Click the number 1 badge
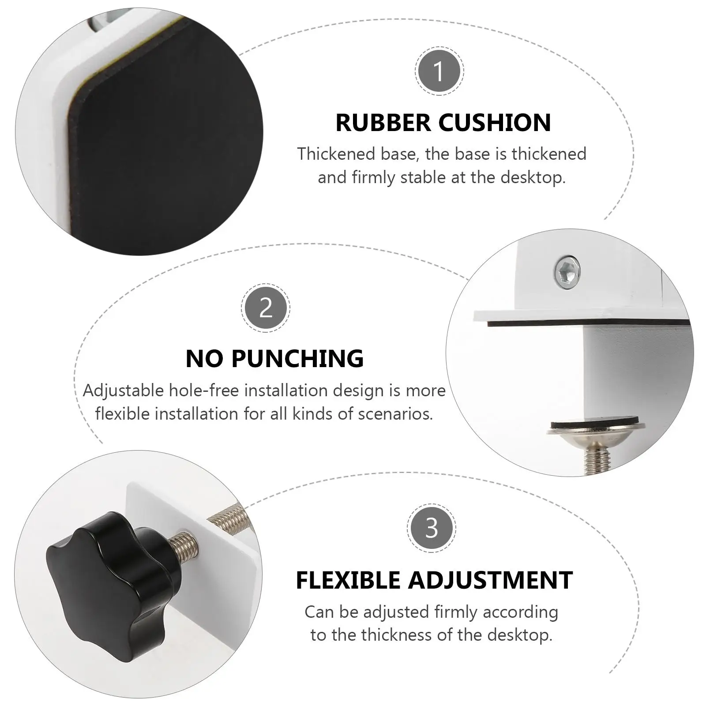click(x=439, y=71)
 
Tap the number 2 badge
click(x=266, y=308)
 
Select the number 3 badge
click(x=432, y=528)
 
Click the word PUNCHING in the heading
click(x=297, y=358)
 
